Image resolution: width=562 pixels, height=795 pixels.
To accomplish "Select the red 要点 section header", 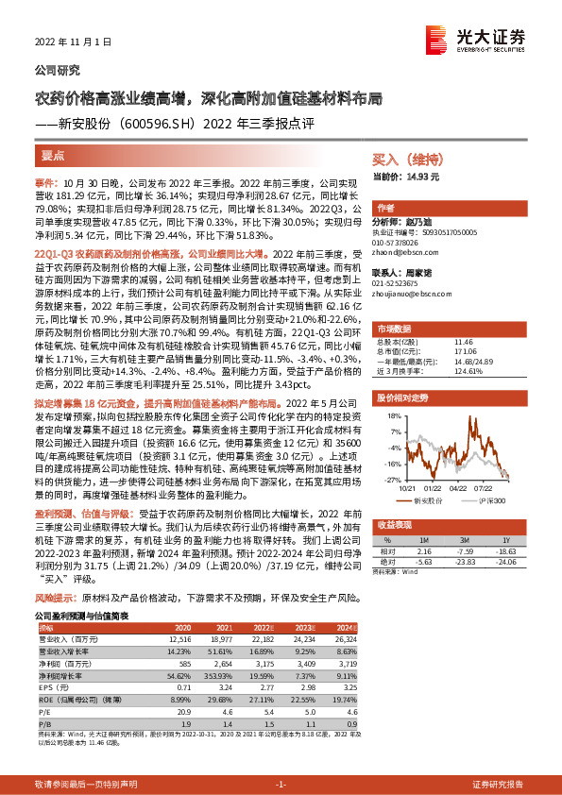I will (54, 153).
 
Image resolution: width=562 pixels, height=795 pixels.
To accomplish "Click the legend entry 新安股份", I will (434, 499).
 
